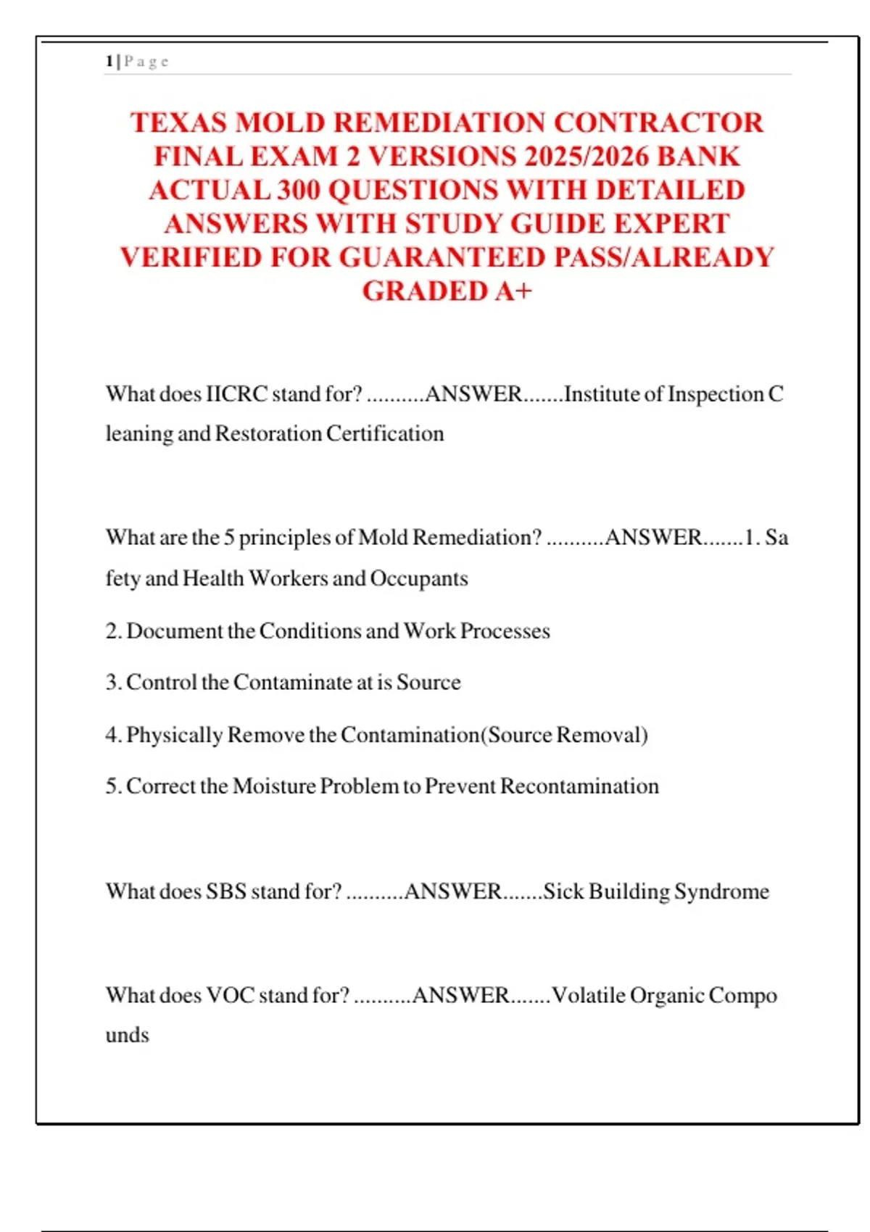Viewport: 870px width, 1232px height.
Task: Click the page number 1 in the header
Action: (x=109, y=62)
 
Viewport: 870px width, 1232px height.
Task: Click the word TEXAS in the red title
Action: (x=178, y=122)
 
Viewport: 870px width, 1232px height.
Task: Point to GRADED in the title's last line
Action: (x=425, y=291)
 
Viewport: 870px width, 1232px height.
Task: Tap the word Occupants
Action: (x=418, y=578)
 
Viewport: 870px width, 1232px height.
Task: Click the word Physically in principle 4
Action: (x=174, y=735)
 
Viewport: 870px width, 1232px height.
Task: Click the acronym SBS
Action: (x=226, y=891)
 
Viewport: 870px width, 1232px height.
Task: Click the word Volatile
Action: (x=588, y=996)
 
